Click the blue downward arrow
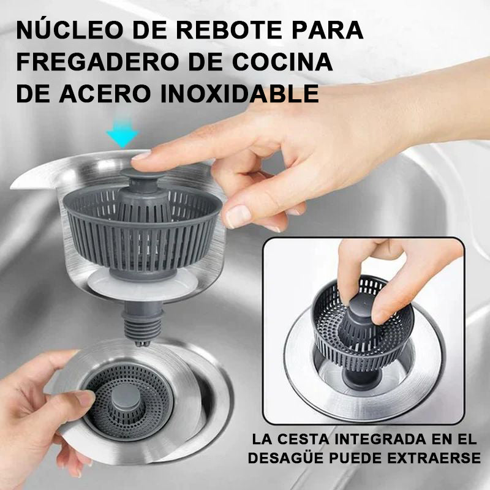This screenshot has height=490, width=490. pos(122,133)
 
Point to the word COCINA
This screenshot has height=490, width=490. pos(282,62)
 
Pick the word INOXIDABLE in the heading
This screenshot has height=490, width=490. pos(239,93)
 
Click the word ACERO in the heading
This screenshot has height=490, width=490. pos(105,93)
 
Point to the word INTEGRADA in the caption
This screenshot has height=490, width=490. pos(380,439)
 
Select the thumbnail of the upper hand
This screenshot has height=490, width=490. pos(238,216)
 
